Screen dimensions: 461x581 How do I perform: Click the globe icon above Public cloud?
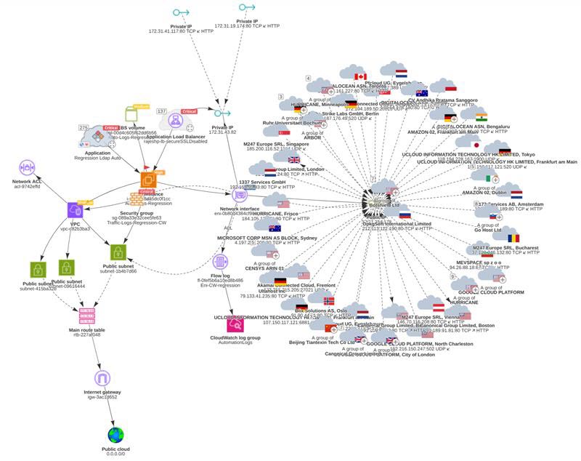click(x=116, y=435)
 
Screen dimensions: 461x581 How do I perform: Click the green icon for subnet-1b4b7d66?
click(x=119, y=252)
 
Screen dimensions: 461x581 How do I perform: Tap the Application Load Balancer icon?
click(x=176, y=121)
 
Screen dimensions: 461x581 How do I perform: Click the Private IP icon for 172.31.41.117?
click(x=180, y=13)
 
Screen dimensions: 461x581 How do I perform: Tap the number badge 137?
click(x=163, y=111)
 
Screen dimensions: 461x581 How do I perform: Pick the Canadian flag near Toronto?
click(x=359, y=76)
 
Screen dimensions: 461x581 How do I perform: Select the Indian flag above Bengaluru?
click(x=482, y=116)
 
